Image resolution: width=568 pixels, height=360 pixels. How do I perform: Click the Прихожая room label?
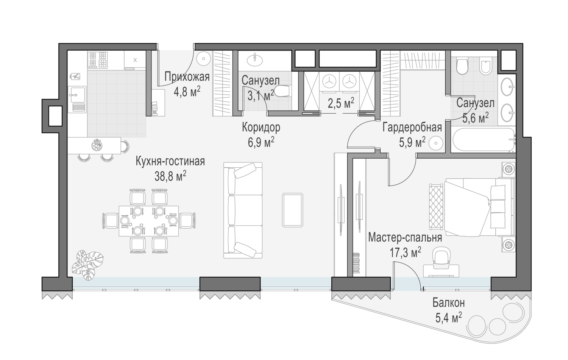pyautogui.click(x=187, y=76)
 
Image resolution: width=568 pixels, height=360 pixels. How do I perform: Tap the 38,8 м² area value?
pyautogui.click(x=170, y=176)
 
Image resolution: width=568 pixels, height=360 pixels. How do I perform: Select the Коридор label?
pyautogui.click(x=261, y=127)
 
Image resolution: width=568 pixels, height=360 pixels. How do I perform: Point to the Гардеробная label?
pyautogui.click(x=412, y=127)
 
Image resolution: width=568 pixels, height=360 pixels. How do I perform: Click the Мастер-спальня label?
pyautogui.click(x=405, y=238)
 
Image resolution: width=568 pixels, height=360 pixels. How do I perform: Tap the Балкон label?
pyautogui.click(x=449, y=303)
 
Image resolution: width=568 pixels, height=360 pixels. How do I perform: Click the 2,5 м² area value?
pyautogui.click(x=341, y=103)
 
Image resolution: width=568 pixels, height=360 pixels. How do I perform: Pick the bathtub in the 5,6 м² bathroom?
pyautogui.click(x=484, y=140)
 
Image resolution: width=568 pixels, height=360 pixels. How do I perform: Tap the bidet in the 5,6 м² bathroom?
pyautogui.click(x=486, y=65)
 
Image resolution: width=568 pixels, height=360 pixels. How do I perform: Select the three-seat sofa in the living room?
pyautogui.click(x=243, y=210)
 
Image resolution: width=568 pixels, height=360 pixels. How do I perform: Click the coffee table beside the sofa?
pyautogui.click(x=293, y=210)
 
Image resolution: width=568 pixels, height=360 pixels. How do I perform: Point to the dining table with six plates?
pyautogui.click(x=149, y=221)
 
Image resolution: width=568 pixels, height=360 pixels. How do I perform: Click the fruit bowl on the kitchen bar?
pyautogui.click(x=97, y=145)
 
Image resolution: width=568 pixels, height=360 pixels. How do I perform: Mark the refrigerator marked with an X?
pyautogui.click(x=135, y=60)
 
